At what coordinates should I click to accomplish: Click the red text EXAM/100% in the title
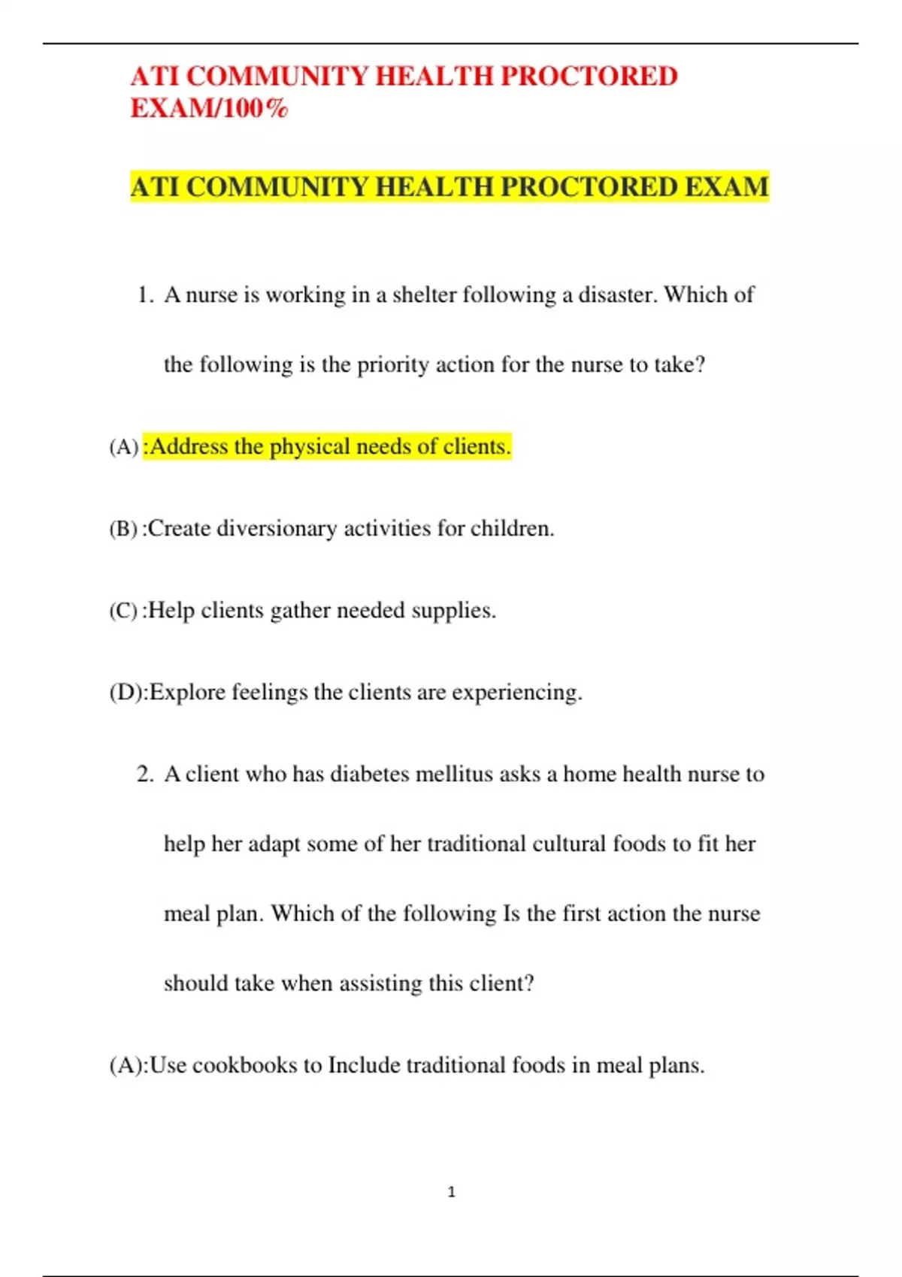pos(209,109)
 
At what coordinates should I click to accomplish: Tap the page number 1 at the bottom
pos(451,1191)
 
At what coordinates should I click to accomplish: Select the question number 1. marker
pos(145,295)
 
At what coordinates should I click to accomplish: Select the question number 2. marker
pos(145,774)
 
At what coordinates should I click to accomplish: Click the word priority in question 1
pos(392,365)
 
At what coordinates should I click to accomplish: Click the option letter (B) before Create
pos(123,529)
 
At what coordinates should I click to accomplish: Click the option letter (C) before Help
pos(123,611)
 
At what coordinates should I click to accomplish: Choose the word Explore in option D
pos(187,693)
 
